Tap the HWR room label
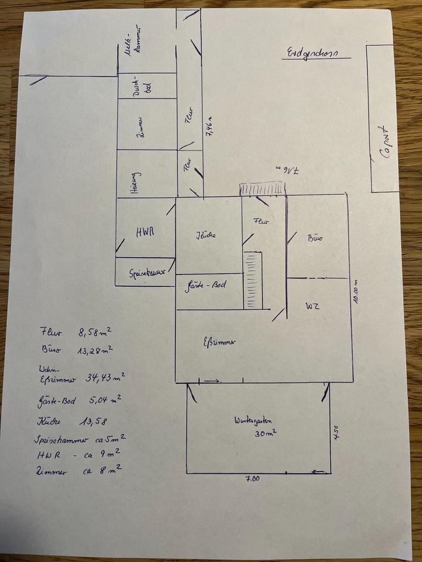[145, 232]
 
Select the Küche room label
[206, 235]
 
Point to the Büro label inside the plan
[316, 238]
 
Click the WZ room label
[311, 306]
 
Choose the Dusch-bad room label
[144, 85]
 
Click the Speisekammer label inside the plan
[145, 272]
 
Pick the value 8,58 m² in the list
[94, 331]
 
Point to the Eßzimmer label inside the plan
[218, 342]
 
